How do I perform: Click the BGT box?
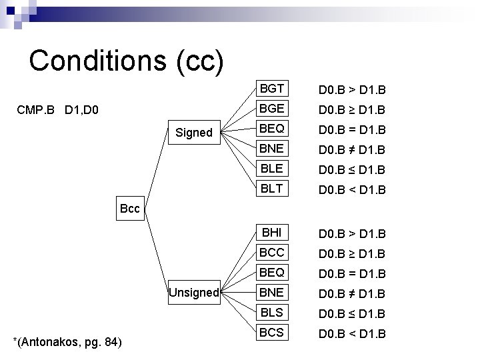click(x=272, y=89)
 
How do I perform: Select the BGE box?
click(x=272, y=109)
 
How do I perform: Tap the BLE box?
click(x=272, y=169)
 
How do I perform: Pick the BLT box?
click(x=272, y=189)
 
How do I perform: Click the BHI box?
click(x=272, y=233)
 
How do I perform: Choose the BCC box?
click(x=272, y=253)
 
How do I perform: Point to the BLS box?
click(x=272, y=313)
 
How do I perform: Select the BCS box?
click(x=272, y=332)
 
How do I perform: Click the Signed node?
click(x=193, y=133)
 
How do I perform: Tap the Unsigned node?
click(x=193, y=293)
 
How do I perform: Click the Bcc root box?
click(x=130, y=209)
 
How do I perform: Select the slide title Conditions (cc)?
click(x=126, y=61)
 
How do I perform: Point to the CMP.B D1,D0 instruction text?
click(x=57, y=108)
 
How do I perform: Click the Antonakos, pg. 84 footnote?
click(x=67, y=343)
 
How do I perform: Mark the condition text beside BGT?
click(x=353, y=89)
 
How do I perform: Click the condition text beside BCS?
click(x=353, y=333)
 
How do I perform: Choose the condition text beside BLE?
click(x=353, y=169)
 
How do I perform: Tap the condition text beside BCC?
click(x=353, y=253)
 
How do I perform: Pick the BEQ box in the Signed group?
click(x=272, y=129)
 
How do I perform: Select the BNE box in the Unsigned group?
click(x=272, y=293)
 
